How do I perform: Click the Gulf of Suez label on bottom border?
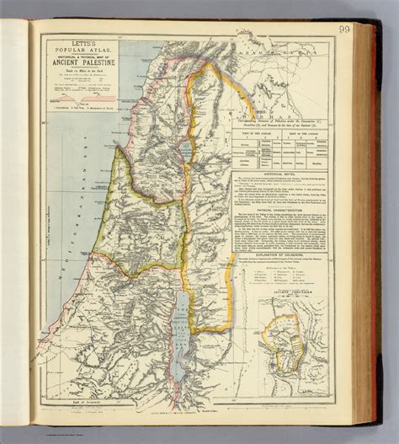coord(93,404)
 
